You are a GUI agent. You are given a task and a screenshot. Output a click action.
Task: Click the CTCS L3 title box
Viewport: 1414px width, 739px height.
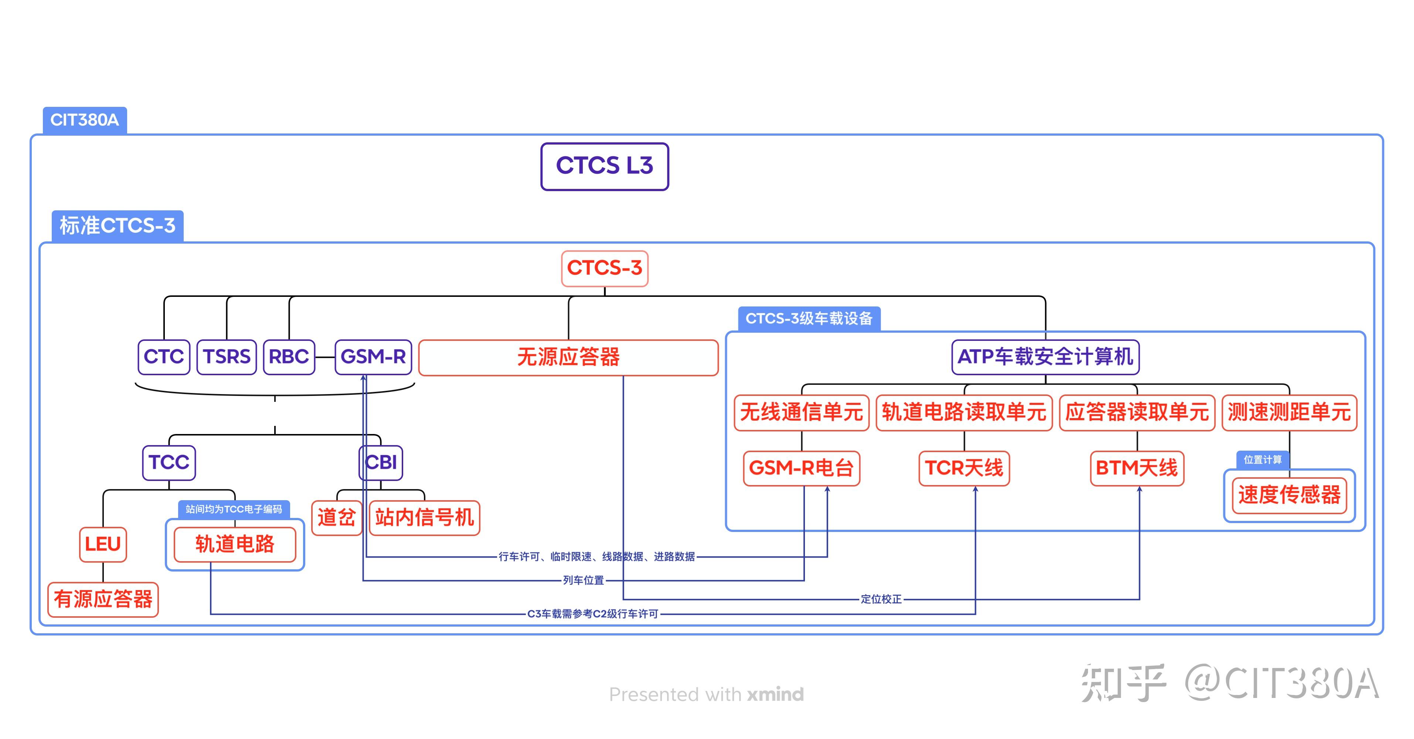click(604, 166)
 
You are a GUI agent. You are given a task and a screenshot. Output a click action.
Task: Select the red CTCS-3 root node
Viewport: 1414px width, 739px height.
click(604, 268)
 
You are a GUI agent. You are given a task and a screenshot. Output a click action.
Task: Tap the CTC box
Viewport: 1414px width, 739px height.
click(164, 357)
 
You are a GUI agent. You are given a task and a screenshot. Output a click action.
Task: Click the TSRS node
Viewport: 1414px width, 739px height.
click(227, 357)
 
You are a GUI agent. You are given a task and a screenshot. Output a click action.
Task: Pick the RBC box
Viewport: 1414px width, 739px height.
click(289, 357)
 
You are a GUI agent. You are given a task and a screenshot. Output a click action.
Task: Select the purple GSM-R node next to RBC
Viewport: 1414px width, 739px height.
click(373, 357)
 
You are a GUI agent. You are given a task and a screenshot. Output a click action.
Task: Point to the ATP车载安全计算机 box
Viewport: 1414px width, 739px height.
click(1045, 357)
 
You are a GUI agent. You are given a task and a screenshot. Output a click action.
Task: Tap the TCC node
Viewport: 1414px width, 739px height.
click(169, 462)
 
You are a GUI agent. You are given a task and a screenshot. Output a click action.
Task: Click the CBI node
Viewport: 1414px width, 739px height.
click(381, 462)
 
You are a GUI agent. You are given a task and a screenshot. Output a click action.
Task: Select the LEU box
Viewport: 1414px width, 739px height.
click(103, 544)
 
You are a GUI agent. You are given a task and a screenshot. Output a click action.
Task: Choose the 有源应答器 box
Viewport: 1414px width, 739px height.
click(103, 599)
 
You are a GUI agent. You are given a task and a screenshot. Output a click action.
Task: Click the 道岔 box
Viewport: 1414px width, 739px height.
click(336, 517)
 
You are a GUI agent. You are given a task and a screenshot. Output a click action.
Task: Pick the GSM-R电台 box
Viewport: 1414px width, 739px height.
click(801, 468)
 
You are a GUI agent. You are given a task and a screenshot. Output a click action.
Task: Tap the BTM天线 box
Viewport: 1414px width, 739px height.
click(1137, 468)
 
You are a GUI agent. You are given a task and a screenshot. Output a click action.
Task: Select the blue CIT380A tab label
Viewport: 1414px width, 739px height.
click(85, 120)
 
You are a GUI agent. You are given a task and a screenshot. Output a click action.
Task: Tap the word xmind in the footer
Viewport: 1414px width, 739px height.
click(775, 695)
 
